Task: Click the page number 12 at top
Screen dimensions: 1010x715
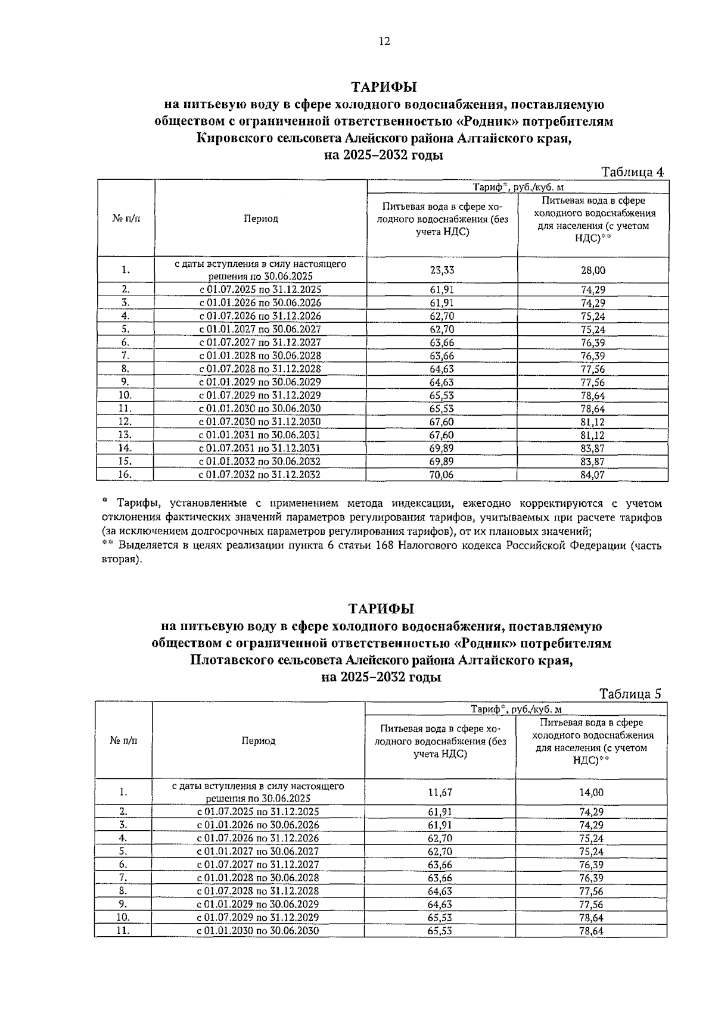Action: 384,41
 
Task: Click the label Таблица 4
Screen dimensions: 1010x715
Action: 632,172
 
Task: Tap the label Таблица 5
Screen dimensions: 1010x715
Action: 630,694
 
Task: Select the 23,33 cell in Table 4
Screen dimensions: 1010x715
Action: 442,270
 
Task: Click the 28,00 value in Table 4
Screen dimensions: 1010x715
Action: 593,270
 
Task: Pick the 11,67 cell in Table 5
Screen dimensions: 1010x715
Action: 440,793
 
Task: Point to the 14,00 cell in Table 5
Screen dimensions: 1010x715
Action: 591,793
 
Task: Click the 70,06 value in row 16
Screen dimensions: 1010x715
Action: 442,475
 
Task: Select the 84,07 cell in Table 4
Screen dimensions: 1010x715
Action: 593,475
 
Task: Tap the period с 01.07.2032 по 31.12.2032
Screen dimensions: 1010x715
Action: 260,475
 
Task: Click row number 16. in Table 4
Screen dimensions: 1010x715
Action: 125,475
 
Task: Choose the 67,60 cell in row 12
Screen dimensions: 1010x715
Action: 442,422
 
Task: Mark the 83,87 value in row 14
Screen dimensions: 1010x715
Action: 593,448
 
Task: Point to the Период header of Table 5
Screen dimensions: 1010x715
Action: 258,741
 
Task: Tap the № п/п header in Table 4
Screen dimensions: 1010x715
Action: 126,219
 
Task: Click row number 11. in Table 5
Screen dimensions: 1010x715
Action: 123,931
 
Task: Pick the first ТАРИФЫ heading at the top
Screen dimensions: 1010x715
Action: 384,87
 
